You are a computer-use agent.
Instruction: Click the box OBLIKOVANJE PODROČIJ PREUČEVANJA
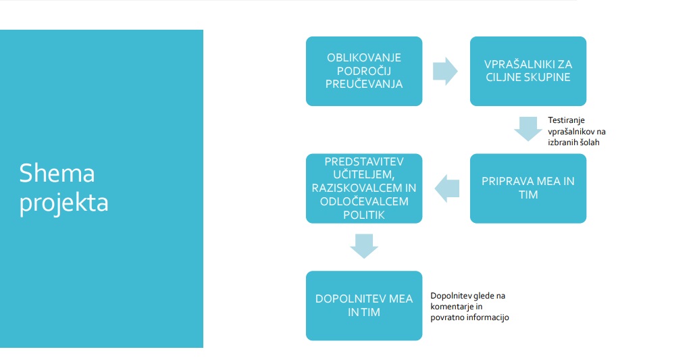coord(364,71)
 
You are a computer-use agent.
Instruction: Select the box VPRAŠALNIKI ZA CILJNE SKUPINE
coord(528,71)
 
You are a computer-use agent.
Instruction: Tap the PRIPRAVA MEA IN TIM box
coord(528,188)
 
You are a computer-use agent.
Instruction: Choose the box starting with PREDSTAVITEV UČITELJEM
coord(364,188)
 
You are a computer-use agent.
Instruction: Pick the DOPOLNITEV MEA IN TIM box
coord(364,306)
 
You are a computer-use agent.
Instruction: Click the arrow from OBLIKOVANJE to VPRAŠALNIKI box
coord(445,71)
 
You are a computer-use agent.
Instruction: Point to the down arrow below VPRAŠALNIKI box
coord(528,129)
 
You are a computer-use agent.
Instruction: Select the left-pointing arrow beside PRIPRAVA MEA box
coord(447,188)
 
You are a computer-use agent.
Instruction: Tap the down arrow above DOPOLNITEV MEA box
coord(364,246)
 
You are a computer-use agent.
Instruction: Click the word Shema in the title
coord(57,173)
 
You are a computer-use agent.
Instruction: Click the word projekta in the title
coord(63,203)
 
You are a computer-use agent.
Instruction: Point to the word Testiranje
coord(566,120)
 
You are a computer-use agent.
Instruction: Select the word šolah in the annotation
coord(589,143)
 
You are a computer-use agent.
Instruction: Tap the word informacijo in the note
coord(489,317)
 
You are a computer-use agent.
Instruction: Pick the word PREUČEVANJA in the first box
coord(364,84)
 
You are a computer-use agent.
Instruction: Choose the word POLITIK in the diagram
coord(364,215)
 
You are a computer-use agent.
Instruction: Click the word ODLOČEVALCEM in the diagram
coord(364,201)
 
